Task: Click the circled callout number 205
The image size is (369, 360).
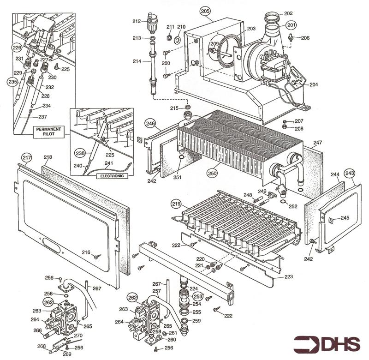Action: pos(205,11)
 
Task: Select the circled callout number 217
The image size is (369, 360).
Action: pos(27,158)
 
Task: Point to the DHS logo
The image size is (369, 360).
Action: pos(328,344)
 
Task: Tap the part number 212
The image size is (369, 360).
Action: pos(136,21)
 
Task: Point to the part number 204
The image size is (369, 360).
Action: pos(314,85)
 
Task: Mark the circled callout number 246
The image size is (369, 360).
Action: pos(150,123)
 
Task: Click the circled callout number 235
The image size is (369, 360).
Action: pos(12,81)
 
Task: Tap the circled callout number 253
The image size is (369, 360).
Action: pos(198,296)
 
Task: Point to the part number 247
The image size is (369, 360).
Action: pos(317,143)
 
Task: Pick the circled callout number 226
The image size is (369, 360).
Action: pos(17,48)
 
